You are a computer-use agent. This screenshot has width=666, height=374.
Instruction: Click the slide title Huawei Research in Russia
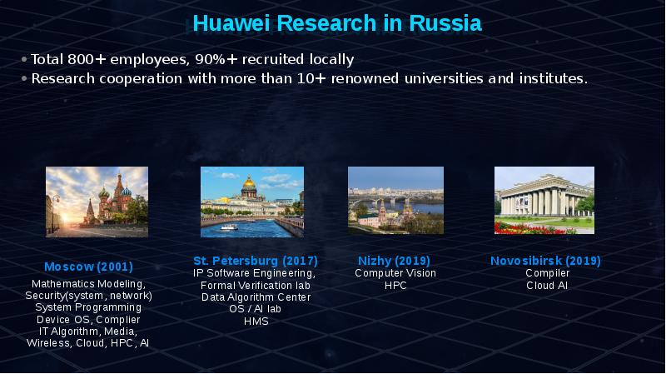(337, 23)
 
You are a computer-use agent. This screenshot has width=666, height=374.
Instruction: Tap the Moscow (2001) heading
(88, 267)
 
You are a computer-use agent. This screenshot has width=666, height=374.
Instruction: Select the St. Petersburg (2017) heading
(256, 261)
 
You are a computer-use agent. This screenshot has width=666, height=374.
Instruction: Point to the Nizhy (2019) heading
(395, 261)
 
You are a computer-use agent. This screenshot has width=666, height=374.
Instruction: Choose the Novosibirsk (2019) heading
(545, 261)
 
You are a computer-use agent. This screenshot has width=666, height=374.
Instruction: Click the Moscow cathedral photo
(97, 202)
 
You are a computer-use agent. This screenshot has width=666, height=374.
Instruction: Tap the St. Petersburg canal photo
(251, 202)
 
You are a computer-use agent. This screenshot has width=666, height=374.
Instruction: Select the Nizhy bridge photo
(395, 200)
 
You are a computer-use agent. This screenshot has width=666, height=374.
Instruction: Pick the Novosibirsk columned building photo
(544, 200)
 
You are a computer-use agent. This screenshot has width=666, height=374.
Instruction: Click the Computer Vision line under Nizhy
(395, 273)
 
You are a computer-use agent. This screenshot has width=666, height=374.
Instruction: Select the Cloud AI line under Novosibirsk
(547, 286)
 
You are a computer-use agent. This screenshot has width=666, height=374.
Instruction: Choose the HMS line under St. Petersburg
(256, 322)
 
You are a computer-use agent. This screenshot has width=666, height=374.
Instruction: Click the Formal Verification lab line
(256, 286)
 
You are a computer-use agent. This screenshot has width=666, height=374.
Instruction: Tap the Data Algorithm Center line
(256, 297)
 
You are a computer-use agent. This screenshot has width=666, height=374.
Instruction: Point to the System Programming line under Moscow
(88, 307)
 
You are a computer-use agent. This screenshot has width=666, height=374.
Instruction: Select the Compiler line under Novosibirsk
(547, 273)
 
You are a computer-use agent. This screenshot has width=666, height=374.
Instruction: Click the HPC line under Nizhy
(395, 286)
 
